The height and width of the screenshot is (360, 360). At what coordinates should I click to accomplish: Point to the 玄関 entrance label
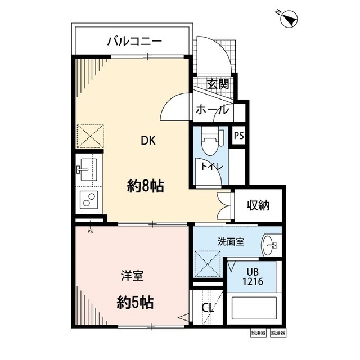[217, 84]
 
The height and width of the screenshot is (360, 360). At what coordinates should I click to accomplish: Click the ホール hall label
[212, 110]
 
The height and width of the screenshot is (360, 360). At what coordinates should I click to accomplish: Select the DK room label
[148, 142]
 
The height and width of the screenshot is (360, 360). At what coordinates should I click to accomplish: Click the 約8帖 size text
[145, 186]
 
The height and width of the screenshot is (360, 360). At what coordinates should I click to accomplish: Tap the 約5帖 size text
[135, 303]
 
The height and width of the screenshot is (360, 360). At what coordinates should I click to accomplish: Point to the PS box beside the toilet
[239, 136]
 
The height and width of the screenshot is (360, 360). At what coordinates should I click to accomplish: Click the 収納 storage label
[258, 205]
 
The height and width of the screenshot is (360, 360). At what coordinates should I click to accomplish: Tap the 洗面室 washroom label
[231, 242]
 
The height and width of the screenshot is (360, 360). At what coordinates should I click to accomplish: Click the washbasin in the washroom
[270, 244]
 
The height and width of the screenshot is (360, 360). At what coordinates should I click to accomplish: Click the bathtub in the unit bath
[256, 310]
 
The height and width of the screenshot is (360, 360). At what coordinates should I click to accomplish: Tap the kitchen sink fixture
[88, 169]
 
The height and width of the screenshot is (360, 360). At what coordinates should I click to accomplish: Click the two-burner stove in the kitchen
[88, 200]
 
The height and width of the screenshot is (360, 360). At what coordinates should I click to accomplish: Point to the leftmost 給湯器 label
[258, 334]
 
